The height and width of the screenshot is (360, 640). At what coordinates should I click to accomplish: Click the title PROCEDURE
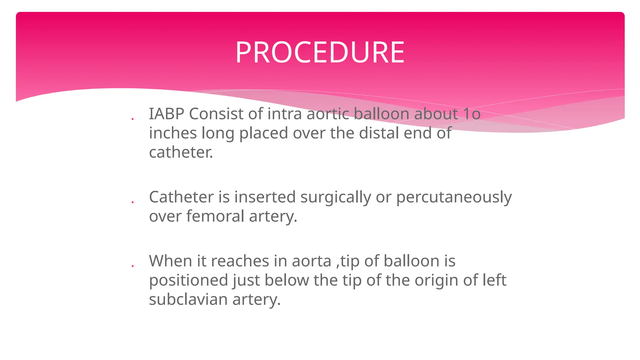point(320,52)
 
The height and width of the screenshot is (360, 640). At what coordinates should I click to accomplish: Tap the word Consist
point(216,114)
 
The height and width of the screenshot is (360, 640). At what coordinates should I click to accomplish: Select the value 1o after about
point(472,114)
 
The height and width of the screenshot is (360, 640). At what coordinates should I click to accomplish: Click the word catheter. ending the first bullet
point(181,152)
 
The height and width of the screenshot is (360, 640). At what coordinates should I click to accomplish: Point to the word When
point(170,261)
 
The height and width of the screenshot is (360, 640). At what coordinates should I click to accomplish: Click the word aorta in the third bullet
point(311,261)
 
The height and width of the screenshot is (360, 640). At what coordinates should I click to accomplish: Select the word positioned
point(188,281)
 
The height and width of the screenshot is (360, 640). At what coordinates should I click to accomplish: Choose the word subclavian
point(188,299)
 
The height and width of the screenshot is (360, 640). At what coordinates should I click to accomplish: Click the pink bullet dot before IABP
point(132,119)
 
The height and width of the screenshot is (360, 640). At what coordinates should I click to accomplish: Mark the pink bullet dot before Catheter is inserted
point(132,202)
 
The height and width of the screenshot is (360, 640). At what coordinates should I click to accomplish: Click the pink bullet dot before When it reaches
point(132,266)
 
